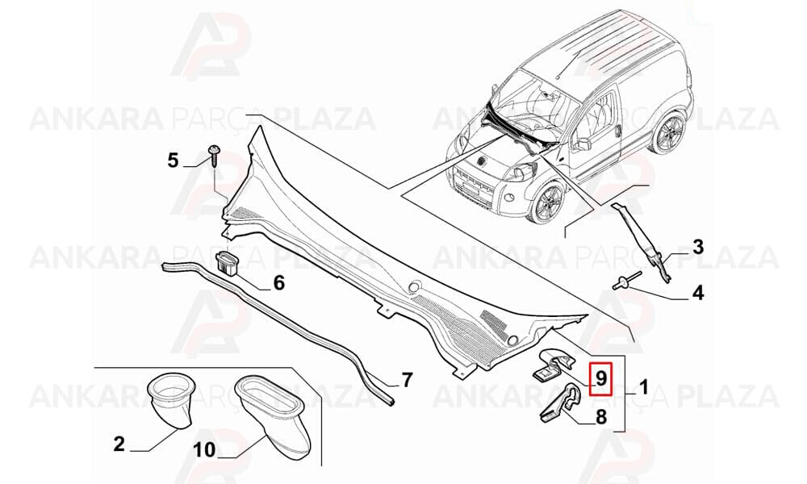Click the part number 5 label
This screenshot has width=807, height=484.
point(173,161)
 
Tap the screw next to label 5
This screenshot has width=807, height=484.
point(214,156)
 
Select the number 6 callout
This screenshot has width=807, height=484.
point(278,282)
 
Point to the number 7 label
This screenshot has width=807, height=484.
point(407,380)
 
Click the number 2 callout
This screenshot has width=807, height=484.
point(119,444)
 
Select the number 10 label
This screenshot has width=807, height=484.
point(204,450)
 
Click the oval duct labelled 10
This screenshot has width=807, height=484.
point(274,415)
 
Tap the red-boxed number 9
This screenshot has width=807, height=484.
point(600,378)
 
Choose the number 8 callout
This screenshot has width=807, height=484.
point(600,416)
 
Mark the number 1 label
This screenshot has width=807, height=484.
point(643,386)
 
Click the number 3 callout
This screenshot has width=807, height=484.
point(697,247)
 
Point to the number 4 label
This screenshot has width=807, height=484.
point(697,293)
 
